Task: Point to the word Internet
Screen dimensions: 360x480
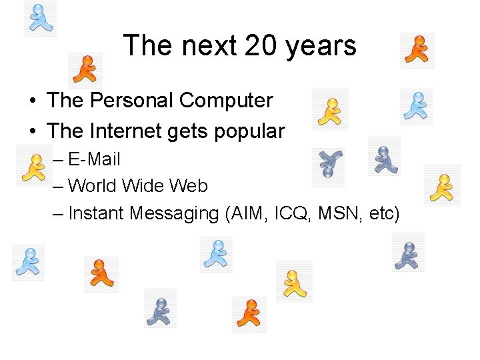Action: [x=125, y=131]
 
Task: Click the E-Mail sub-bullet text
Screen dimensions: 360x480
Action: [x=94, y=159]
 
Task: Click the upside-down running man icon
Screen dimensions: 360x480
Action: [x=329, y=163]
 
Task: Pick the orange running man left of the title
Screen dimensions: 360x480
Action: [x=85, y=70]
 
